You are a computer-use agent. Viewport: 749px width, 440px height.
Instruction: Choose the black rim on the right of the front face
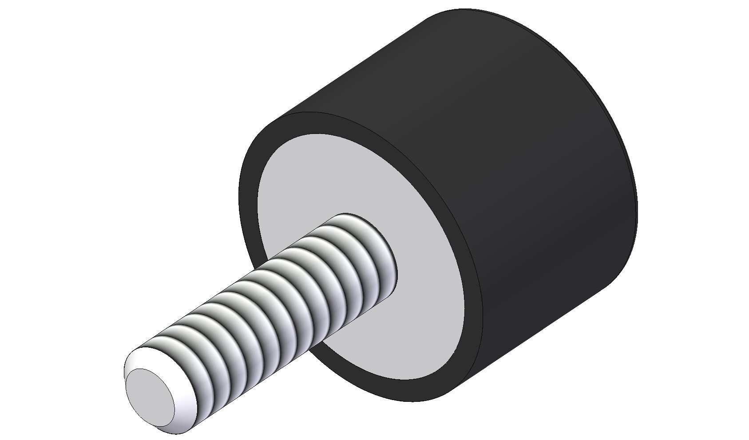pyautogui.click(x=473, y=284)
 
